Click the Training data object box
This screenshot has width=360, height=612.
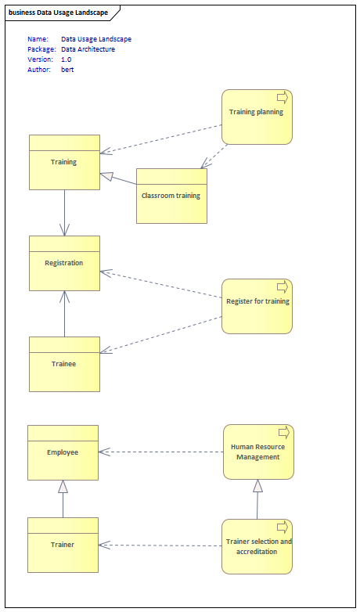click(x=64, y=162)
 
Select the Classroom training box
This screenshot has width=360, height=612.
click(x=171, y=196)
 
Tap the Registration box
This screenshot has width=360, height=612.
click(x=64, y=263)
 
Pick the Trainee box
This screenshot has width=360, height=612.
click(x=64, y=364)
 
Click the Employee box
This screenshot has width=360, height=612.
click(x=63, y=453)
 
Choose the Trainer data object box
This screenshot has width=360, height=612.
click(x=63, y=545)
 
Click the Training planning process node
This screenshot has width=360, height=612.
click(x=257, y=117)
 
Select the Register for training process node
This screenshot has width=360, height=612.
click(x=257, y=306)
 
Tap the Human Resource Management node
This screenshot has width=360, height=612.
click(x=258, y=452)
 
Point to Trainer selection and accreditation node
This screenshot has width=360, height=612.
click(x=257, y=546)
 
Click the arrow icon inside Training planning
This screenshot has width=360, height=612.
click(x=283, y=98)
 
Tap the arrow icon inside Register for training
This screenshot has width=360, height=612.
click(x=283, y=287)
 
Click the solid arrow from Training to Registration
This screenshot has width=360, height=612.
click(x=64, y=213)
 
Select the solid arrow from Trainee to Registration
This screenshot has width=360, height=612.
click(x=64, y=314)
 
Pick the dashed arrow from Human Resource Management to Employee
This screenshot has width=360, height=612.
click(x=161, y=452)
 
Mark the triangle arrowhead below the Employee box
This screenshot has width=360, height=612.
click(x=63, y=486)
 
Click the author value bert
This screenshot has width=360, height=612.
click(x=67, y=70)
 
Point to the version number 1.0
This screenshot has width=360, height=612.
click(x=67, y=59)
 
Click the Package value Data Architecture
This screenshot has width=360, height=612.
click(x=88, y=49)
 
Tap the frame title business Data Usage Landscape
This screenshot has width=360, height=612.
click(x=58, y=13)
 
